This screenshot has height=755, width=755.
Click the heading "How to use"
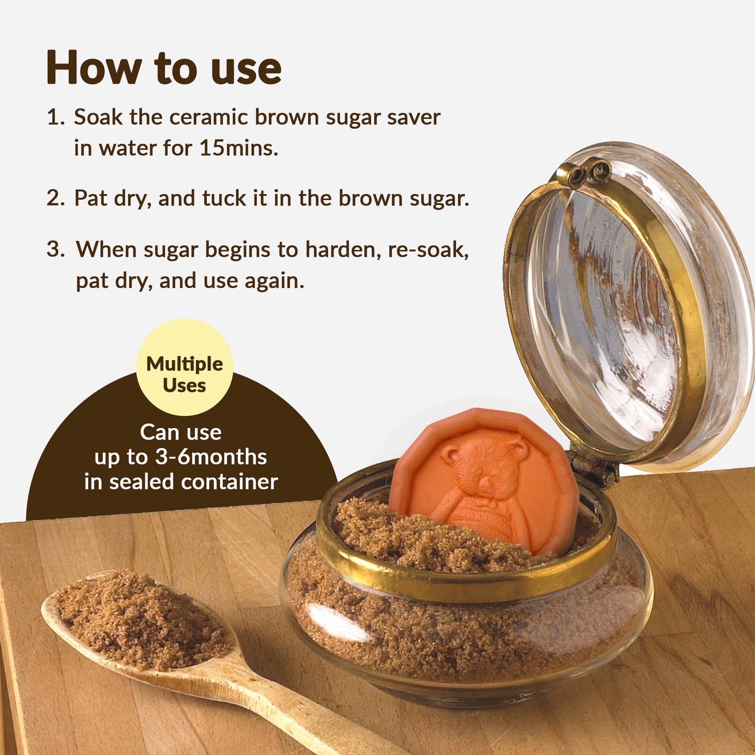coord(164,67)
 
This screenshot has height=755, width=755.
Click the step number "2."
coord(55,198)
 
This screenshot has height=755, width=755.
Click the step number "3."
coord(55,249)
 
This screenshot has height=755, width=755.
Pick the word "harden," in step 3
coord(343,249)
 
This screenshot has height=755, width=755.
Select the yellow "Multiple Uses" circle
coord(185,367)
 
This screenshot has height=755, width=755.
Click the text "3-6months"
coord(211,457)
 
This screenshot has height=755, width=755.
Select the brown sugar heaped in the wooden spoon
coord(141,621)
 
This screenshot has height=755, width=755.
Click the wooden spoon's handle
coord(297,703)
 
